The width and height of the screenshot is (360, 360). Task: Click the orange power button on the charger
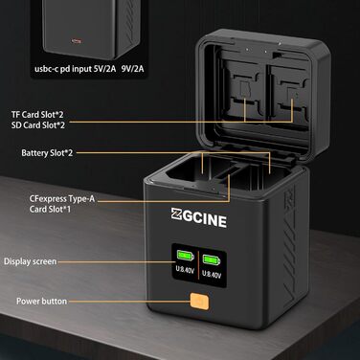tap(200, 303)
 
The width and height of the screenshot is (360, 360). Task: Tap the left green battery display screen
tap(186, 260)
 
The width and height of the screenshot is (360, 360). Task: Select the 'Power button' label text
tap(41, 302)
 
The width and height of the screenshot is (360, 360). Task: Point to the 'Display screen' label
tap(30, 260)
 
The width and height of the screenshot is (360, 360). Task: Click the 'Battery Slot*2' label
tap(47, 152)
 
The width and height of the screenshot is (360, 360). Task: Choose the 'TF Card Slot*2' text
tap(34, 114)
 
